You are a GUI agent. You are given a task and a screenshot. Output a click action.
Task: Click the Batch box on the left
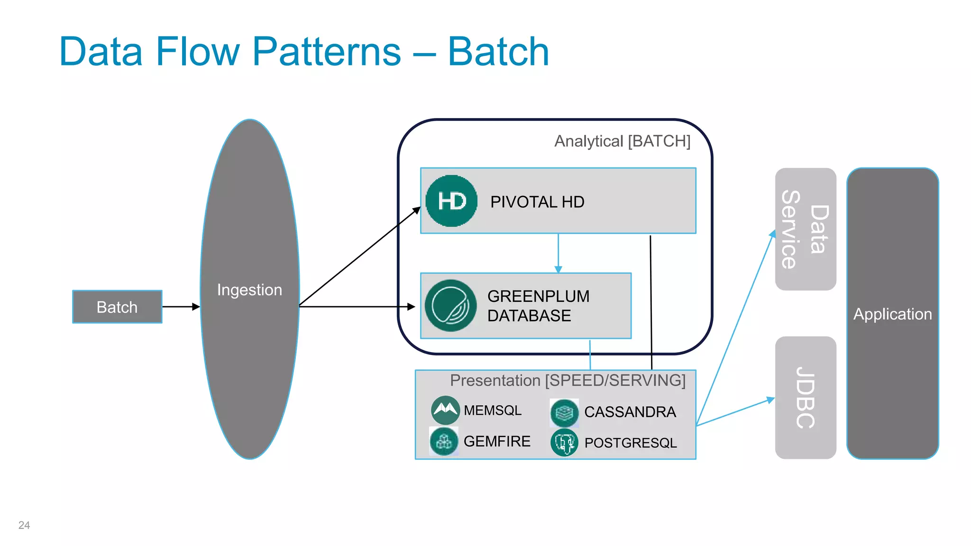coord(117,307)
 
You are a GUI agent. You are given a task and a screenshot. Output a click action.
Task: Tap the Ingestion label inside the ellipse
coord(249,290)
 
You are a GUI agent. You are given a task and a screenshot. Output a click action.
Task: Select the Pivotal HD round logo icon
coord(451,201)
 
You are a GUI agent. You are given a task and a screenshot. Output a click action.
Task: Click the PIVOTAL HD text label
coord(537,202)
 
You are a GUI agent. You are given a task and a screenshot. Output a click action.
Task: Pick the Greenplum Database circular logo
coord(450,306)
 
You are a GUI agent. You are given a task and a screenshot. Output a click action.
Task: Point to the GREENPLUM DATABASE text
coord(538,306)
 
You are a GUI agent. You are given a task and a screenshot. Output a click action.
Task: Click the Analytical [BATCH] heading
coord(622,141)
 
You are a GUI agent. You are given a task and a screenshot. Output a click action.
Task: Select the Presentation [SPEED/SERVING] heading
coord(568,380)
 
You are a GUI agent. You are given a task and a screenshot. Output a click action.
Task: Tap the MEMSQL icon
coord(445,410)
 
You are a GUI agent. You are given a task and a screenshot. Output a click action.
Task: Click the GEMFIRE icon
coord(444,441)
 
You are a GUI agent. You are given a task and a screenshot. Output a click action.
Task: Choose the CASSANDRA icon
coord(564,412)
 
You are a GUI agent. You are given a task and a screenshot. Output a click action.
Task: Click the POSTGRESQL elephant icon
coord(564,443)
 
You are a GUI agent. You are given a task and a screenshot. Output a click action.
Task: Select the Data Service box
coord(805,229)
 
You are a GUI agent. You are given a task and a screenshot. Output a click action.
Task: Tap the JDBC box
coord(805,398)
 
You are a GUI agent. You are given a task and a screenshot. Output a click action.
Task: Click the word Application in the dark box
coord(892,314)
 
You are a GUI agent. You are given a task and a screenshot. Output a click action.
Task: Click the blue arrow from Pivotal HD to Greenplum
coord(558,254)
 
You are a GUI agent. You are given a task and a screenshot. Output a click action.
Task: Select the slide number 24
coord(24,525)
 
